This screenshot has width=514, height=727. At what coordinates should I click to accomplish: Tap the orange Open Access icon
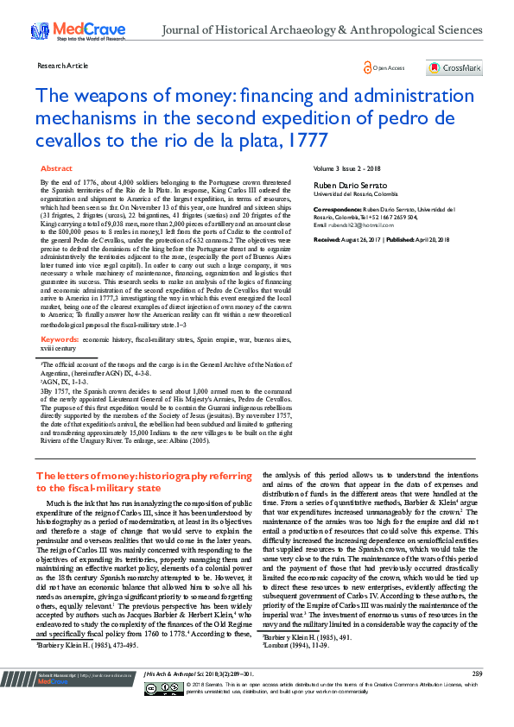(x=367, y=67)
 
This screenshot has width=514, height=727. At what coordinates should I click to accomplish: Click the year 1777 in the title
(x=311, y=138)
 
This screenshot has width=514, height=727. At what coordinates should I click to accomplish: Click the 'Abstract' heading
(x=57, y=168)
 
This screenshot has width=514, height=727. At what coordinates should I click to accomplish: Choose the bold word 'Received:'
(x=327, y=237)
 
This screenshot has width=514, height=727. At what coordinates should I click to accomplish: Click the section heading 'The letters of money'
(x=86, y=476)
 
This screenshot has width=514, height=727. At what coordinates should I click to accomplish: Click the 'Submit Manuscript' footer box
(x=65, y=698)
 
